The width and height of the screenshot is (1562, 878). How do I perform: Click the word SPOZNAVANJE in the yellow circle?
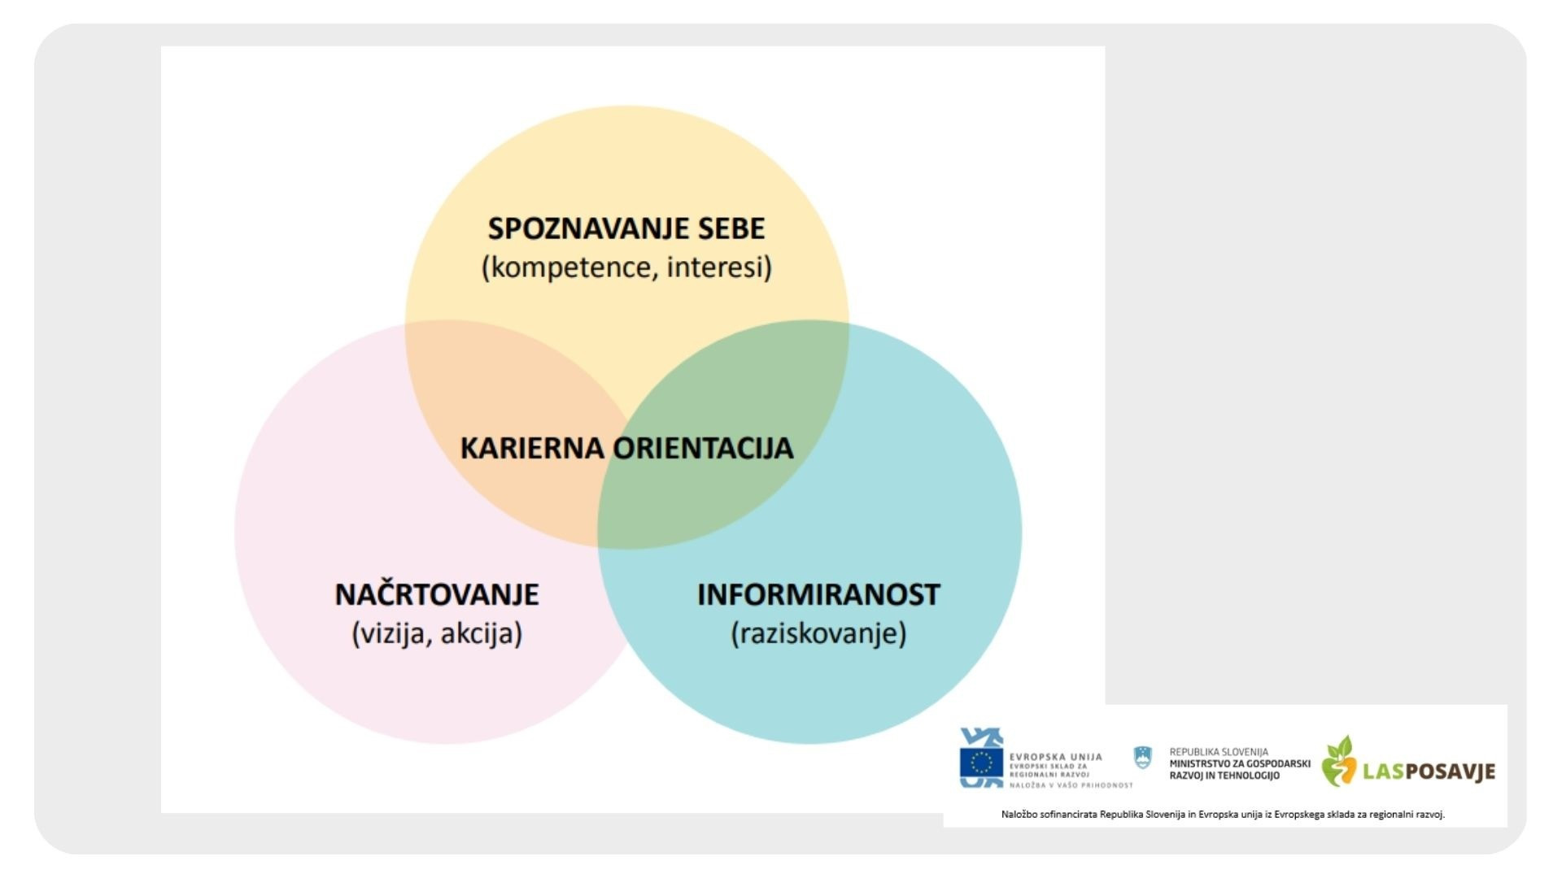click(x=578, y=228)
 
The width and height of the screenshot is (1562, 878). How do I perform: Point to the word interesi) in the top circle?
click(x=719, y=267)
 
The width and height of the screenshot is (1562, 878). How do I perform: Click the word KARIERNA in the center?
click(x=532, y=448)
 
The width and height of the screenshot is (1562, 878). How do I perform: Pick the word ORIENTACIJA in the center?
click(x=703, y=448)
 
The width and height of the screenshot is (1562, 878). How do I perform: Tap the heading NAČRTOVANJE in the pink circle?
click(x=437, y=594)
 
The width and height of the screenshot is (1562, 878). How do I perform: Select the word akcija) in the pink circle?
click(x=481, y=633)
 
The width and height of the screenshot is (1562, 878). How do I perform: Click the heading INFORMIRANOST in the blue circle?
click(x=818, y=594)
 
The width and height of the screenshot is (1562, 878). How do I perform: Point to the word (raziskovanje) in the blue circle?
click(x=818, y=633)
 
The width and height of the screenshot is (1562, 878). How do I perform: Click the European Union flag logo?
click(x=981, y=763)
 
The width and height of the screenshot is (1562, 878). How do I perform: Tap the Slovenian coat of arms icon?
click(x=1143, y=758)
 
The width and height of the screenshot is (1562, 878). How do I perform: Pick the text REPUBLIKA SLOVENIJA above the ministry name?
click(x=1218, y=752)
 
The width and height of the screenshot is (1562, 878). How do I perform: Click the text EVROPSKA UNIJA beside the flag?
click(x=1055, y=757)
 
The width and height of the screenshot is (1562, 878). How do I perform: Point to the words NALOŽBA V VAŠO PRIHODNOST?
click(x=1071, y=785)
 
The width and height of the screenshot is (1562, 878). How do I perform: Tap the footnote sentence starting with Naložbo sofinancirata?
click(x=1223, y=814)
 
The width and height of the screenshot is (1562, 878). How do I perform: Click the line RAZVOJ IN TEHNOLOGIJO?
click(x=1224, y=776)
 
